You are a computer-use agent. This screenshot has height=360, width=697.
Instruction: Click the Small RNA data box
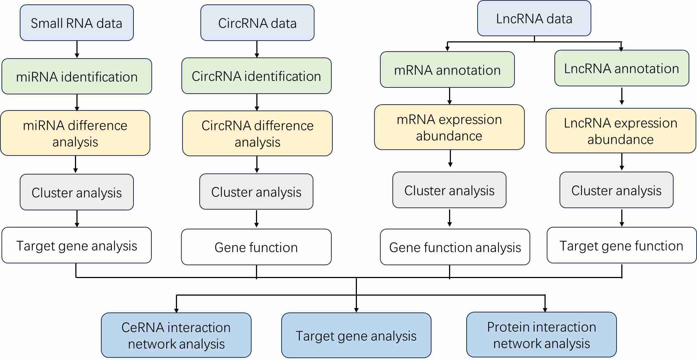(76, 23)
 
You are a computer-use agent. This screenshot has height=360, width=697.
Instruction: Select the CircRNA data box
(257, 23)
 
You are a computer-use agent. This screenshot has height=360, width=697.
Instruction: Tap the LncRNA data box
(534, 18)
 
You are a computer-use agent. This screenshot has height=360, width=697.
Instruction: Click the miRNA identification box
(76, 76)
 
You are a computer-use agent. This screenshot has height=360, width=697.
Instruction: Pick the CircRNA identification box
(256, 76)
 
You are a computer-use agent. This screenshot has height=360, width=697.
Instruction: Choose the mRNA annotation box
(447, 70)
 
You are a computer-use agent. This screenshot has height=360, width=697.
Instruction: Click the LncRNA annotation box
(621, 68)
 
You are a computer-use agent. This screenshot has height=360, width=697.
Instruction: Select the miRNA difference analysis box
(75, 133)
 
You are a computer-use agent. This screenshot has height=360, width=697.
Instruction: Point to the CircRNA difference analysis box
(257, 134)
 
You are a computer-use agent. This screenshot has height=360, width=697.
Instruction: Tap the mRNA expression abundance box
(449, 127)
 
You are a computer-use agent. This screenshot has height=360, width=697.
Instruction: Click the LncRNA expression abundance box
(621, 131)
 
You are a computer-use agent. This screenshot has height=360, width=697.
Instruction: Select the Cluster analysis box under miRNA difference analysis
(76, 192)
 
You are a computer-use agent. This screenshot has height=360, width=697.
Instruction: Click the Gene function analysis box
(455, 247)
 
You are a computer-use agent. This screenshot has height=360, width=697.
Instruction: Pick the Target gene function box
(621, 245)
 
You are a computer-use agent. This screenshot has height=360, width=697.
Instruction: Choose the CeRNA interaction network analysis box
(176, 335)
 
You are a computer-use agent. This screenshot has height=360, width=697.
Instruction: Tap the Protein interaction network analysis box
(541, 334)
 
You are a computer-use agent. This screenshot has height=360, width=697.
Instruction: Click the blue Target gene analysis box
(356, 335)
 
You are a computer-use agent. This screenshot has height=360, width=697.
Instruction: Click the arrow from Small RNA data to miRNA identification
(77, 49)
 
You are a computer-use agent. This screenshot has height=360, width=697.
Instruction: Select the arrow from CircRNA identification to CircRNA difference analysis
(257, 102)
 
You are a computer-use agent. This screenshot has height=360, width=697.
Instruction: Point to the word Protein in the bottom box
(505, 327)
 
